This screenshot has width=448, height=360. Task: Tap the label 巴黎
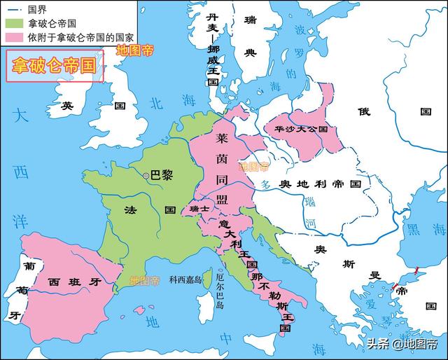[x=161, y=176]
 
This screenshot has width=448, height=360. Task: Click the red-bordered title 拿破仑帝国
[x=55, y=67]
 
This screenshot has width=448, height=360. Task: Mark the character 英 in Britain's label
[x=67, y=106]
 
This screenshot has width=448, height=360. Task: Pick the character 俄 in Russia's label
[x=363, y=111]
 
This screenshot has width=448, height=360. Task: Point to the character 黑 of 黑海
[x=414, y=229]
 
